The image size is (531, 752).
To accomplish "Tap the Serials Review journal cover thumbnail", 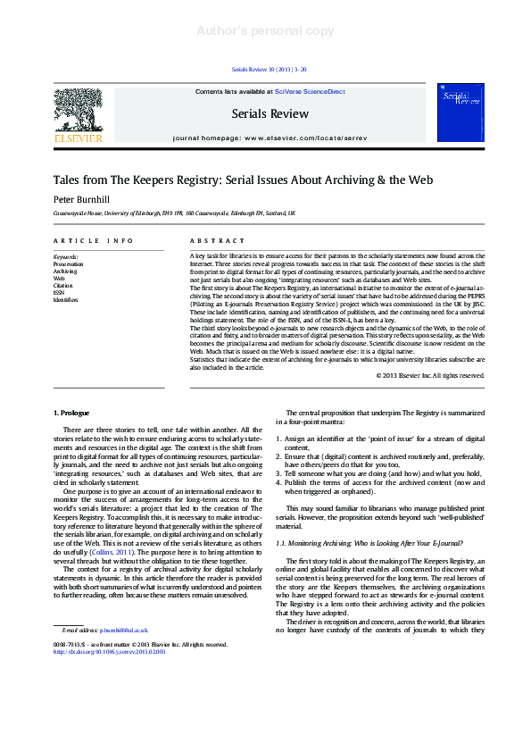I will [460, 113].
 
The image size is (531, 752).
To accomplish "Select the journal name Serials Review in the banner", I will [270, 113].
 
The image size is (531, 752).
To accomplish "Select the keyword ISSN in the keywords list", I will [59, 292].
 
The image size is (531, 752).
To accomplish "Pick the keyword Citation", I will [63, 285].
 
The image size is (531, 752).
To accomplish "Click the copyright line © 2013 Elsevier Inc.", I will [430, 376].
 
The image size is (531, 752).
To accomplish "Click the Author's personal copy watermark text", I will [265, 31].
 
